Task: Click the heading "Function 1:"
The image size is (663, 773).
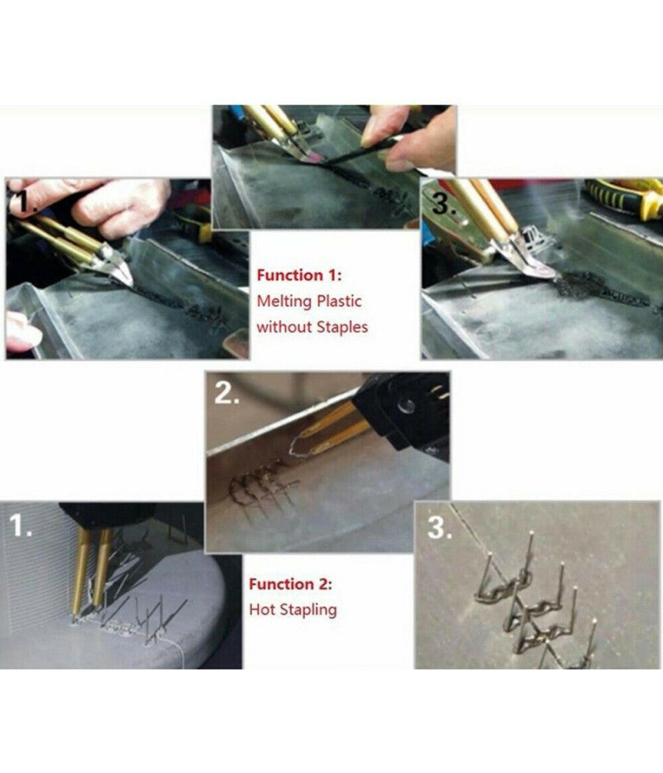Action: tap(299, 275)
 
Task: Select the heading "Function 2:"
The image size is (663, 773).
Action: tap(290, 584)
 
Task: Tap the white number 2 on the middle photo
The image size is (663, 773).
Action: tap(225, 393)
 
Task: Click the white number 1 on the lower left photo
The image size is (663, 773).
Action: tap(21, 526)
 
